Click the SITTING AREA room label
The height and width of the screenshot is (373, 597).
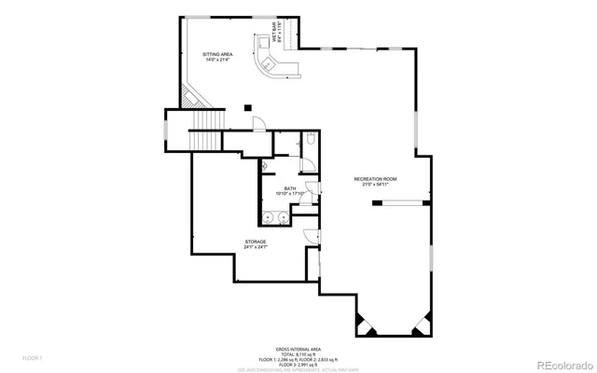tap(218, 55)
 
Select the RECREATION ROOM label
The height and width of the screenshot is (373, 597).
tap(375, 179)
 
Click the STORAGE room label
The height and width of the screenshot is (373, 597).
tap(255, 242)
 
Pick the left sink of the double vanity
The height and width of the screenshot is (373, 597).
tap(268, 217)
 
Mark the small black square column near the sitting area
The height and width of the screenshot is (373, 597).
tap(247, 107)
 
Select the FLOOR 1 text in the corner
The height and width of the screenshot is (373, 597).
tap(33, 357)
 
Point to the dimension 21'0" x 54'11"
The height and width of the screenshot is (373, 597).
tap(375, 185)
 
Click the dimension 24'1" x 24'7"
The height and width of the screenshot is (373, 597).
tap(255, 247)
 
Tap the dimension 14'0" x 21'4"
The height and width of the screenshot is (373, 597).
tap(218, 61)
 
